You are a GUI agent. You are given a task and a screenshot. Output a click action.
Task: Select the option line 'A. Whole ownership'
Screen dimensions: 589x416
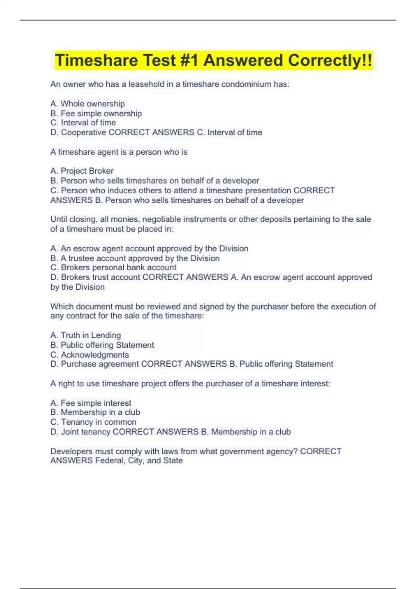87,104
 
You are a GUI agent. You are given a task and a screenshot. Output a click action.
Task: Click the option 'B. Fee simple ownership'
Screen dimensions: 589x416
96,113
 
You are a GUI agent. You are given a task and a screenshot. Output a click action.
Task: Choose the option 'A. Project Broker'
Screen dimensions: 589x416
82,171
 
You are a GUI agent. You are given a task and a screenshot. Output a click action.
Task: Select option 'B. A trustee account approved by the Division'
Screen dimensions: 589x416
135,258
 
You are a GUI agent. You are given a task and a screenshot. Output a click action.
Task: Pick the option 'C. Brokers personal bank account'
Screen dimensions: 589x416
113,267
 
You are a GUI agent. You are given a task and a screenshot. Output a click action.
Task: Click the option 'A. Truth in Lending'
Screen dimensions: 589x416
86,335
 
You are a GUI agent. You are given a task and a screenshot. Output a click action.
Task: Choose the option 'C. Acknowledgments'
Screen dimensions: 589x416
89,355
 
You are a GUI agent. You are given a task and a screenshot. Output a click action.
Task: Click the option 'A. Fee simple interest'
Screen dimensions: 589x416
91,403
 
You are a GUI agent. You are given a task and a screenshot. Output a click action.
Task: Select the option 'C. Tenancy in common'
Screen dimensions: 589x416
93,422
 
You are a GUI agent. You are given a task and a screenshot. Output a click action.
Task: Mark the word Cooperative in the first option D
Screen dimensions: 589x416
84,132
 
